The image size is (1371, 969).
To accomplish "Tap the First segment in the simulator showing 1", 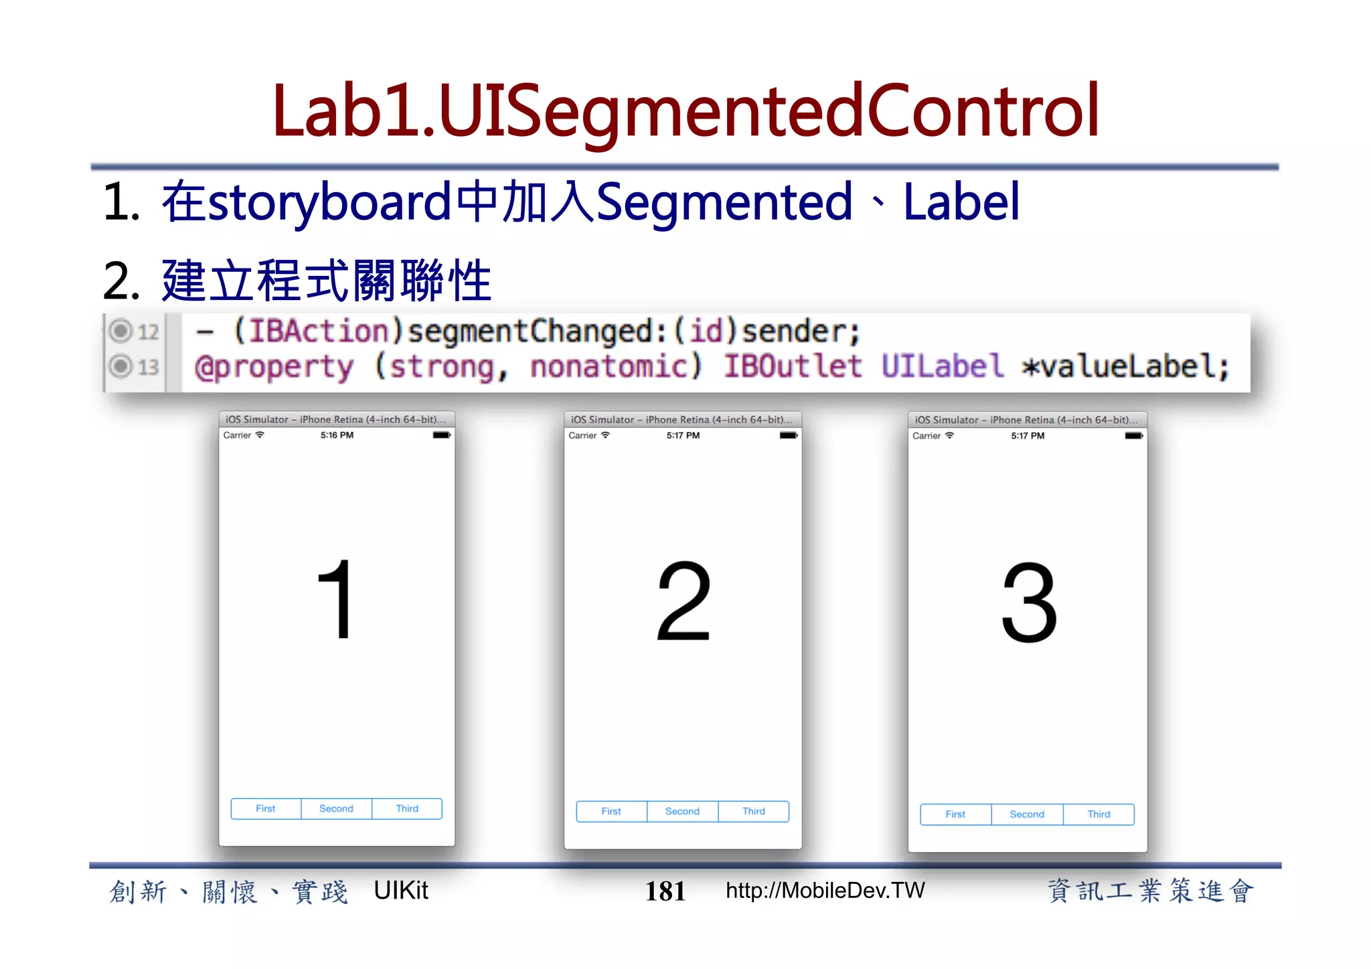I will [266, 808].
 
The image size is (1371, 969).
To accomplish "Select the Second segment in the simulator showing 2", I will [682, 811].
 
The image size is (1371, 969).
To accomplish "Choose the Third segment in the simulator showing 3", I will [1099, 814].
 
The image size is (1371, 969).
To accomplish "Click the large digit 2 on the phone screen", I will [683, 601].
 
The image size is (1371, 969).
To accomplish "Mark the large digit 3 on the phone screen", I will [1029, 602].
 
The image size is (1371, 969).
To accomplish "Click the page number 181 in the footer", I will [665, 891].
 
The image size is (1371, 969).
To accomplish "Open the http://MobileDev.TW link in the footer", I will [825, 891].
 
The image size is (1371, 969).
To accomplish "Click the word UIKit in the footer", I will [400, 891].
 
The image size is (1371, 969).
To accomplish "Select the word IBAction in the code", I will [319, 331].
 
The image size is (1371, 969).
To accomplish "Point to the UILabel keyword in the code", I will [942, 366].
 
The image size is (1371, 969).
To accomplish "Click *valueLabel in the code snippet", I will [1125, 366].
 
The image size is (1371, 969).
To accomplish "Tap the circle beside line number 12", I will [120, 331].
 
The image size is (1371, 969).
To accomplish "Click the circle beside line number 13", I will [120, 366].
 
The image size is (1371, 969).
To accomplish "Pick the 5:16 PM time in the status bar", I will [337, 435].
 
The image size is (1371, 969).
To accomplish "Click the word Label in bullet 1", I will [961, 202].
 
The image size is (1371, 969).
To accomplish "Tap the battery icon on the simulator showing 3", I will [1133, 436].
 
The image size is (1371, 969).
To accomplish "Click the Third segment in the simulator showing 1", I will [407, 808].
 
